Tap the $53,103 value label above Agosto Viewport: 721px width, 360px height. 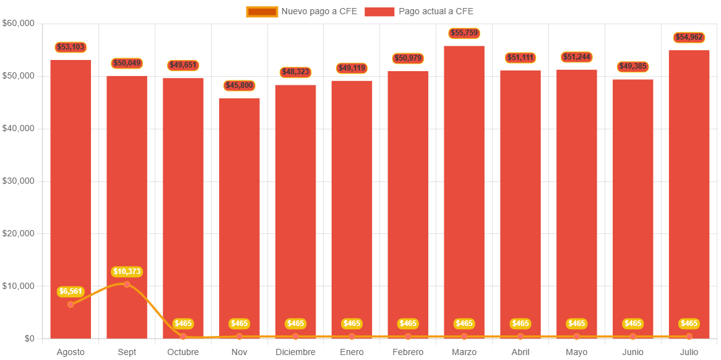coord(71,47)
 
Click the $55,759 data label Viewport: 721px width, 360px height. coord(464,33)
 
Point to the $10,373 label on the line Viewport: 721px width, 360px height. coord(127,272)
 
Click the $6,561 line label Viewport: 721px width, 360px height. coord(71,291)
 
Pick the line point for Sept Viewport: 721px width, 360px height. coord(127,285)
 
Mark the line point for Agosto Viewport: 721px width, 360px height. coord(71,304)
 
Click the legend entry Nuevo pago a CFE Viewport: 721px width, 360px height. coord(301,11)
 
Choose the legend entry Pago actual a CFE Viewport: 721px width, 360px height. coord(419,11)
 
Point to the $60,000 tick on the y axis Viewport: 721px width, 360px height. coord(19,23)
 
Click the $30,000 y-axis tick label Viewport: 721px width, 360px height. coord(19,181)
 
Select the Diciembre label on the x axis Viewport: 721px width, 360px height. coord(295,352)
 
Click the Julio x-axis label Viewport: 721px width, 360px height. coord(689,352)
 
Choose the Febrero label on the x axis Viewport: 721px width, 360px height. coord(408,352)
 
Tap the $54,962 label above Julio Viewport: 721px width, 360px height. coord(689,37)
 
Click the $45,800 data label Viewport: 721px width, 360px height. coord(240,85)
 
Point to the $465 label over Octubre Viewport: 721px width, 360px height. coord(183,324)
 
